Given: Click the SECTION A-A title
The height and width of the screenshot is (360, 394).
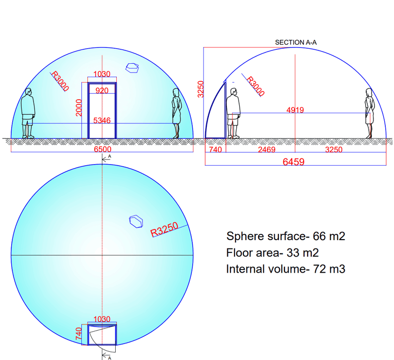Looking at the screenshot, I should pos(296,42).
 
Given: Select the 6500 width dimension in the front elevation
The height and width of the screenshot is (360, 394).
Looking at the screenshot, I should pos(102,149).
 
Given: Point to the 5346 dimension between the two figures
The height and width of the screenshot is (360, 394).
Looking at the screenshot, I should pos(102,120).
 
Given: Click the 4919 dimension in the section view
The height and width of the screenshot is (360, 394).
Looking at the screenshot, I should pos(294,110).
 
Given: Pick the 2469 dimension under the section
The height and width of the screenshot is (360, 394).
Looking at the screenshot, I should pos(266,149).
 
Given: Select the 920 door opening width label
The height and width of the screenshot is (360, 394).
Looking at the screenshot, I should pos(102,91).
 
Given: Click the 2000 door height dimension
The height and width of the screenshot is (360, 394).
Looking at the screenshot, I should pos(79,107).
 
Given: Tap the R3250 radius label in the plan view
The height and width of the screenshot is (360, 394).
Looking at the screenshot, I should pos(164,230).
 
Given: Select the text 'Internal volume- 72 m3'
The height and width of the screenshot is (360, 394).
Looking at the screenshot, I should pos(285,268).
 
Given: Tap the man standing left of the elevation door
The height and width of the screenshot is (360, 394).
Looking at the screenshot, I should pos(28,113).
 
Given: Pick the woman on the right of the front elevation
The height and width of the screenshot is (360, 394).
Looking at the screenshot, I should pos(177,113).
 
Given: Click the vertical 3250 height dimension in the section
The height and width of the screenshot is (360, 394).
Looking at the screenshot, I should pos(202,90).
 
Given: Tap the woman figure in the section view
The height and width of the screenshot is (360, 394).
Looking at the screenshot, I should pos(369,113).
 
